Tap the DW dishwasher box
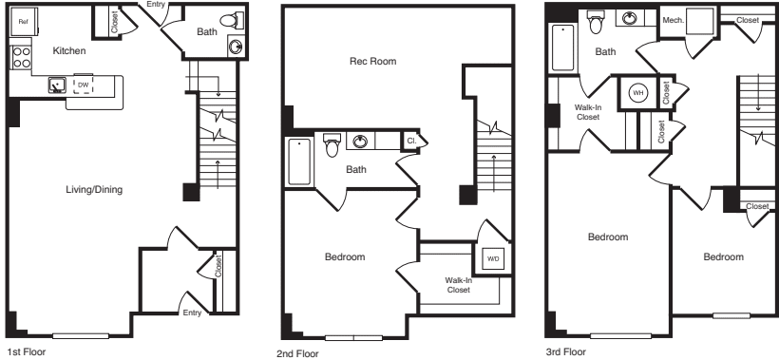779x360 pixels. (x=83, y=84)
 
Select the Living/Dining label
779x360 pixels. (x=95, y=190)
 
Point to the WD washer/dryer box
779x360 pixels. (x=492, y=257)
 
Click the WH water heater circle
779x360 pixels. (x=638, y=92)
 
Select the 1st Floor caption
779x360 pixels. (x=24, y=351)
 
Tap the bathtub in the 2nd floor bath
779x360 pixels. (x=299, y=161)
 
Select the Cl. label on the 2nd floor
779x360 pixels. (x=411, y=141)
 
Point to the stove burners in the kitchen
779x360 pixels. (x=18, y=57)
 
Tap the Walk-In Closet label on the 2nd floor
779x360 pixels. (x=460, y=284)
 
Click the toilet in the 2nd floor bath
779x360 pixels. (x=332, y=144)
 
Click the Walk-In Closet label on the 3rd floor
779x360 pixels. (x=587, y=112)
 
